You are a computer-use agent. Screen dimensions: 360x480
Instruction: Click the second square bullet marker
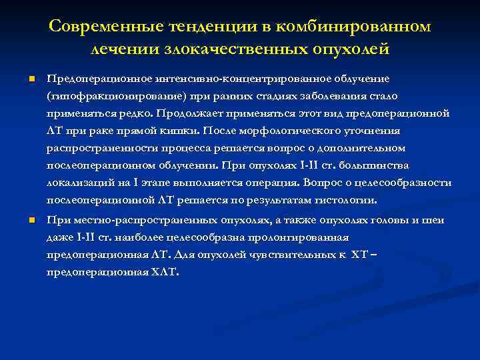coord(31,220)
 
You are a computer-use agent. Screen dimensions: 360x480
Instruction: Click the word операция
coord(273,182)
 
